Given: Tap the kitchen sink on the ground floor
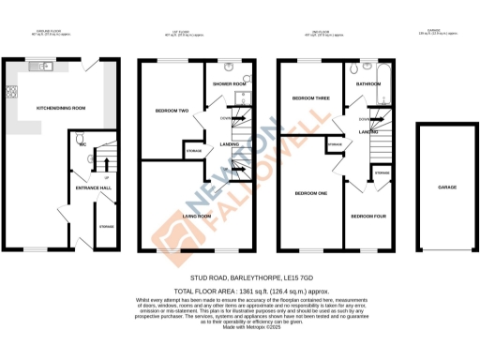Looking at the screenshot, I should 43,67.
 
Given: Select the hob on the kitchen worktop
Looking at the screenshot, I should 12,92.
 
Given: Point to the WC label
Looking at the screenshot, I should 83,145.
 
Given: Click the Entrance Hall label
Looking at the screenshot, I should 80,188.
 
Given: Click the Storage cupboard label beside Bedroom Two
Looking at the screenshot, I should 193,150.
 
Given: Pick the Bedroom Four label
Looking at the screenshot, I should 366,216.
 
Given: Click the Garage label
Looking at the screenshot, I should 447,187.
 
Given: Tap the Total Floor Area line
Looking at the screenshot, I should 239,290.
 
